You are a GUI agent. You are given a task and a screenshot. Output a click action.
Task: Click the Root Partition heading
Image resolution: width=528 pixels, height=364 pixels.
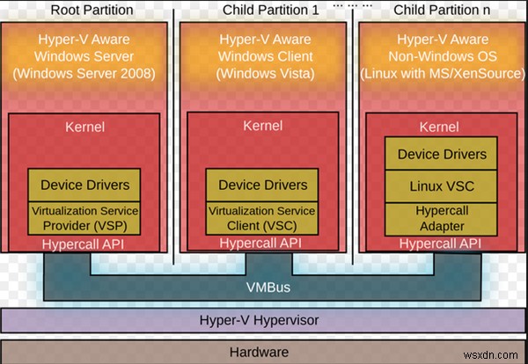[x=92, y=11]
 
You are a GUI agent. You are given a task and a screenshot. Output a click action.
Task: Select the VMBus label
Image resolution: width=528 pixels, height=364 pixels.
[x=264, y=287]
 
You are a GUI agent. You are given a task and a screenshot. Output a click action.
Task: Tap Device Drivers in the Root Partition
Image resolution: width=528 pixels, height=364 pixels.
[x=85, y=185]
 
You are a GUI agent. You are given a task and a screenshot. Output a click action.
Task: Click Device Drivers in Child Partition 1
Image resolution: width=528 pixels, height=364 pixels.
[x=263, y=185]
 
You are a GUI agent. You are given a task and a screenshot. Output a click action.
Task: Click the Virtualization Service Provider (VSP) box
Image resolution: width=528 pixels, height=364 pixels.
[x=85, y=218]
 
